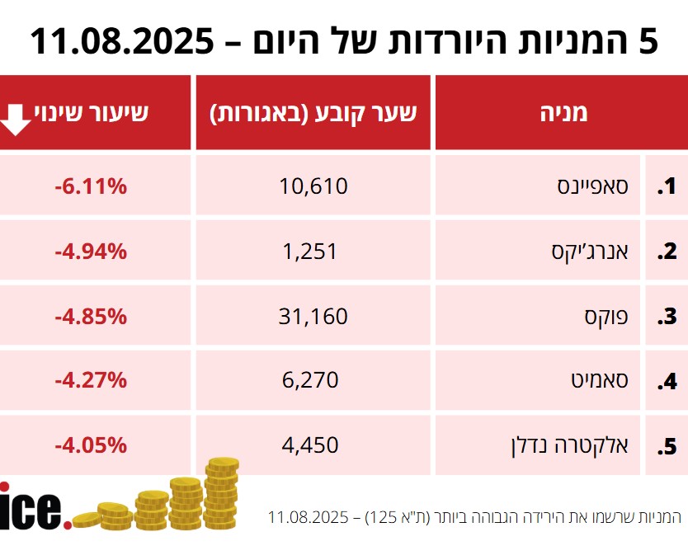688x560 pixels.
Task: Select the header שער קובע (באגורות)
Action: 313,113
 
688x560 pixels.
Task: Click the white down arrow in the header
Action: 15,118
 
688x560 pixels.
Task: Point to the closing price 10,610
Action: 314,186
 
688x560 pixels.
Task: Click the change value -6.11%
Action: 91,186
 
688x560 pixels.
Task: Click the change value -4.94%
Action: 91,252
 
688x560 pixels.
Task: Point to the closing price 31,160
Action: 314,316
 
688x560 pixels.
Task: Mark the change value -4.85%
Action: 91,316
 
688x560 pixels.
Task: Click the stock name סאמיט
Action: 600,381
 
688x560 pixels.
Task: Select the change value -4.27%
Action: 91,381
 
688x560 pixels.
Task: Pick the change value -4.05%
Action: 91,446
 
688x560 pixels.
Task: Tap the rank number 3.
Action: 667,317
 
